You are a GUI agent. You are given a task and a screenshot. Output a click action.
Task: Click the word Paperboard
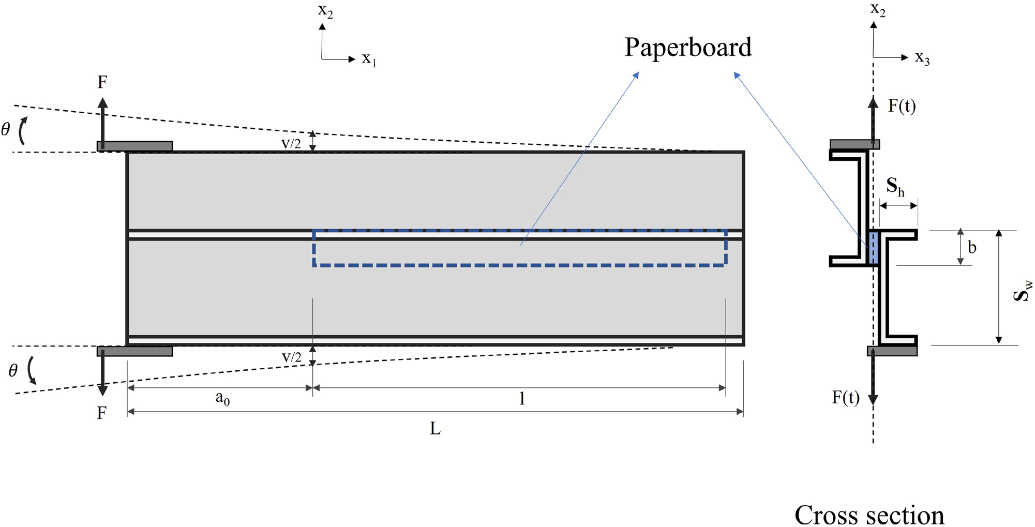point(687,48)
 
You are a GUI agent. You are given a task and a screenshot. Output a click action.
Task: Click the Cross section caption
point(869,515)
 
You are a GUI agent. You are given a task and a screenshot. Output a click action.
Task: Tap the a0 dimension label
point(222,398)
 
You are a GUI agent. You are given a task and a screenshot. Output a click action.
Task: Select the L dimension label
point(435,428)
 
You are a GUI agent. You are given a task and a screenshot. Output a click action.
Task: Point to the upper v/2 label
point(291,143)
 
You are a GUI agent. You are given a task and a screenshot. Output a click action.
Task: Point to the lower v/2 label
point(291,357)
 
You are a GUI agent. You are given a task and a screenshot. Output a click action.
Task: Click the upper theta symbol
point(6,129)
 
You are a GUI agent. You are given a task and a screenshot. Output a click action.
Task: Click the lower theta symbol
point(13,370)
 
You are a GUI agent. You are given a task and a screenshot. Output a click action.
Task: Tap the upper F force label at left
point(102,82)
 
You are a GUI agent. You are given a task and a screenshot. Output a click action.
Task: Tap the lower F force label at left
point(102,413)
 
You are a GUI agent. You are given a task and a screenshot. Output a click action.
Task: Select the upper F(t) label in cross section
point(902,106)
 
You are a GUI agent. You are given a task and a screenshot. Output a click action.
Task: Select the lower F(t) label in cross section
point(846,397)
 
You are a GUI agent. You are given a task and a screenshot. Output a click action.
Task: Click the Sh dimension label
point(895,187)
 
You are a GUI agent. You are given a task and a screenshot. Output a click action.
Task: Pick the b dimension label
point(972,248)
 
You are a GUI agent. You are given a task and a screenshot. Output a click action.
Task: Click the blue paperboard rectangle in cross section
point(873,248)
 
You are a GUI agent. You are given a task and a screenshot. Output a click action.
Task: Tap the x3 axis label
point(922,57)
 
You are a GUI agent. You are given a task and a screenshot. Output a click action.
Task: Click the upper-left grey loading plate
point(135,146)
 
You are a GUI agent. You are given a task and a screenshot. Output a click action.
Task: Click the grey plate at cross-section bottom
point(892,351)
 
